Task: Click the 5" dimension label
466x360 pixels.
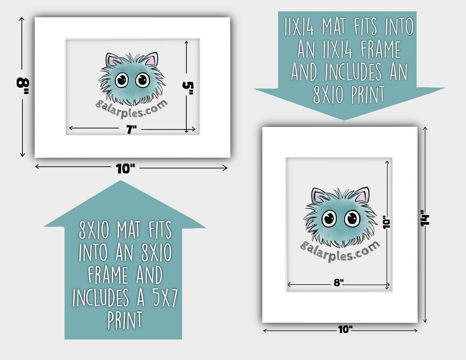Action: [188, 88]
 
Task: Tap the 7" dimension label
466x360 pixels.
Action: [131, 130]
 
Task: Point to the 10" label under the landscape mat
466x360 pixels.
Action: [125, 169]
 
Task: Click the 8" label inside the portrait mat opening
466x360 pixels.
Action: [339, 283]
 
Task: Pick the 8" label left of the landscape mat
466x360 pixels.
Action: [23, 86]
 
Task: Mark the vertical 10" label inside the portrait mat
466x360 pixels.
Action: [386, 222]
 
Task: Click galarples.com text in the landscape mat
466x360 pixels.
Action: [131, 109]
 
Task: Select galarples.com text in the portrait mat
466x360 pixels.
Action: [340, 252]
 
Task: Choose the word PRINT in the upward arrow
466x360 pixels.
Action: [124, 320]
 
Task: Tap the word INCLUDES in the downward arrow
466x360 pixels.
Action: [353, 72]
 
